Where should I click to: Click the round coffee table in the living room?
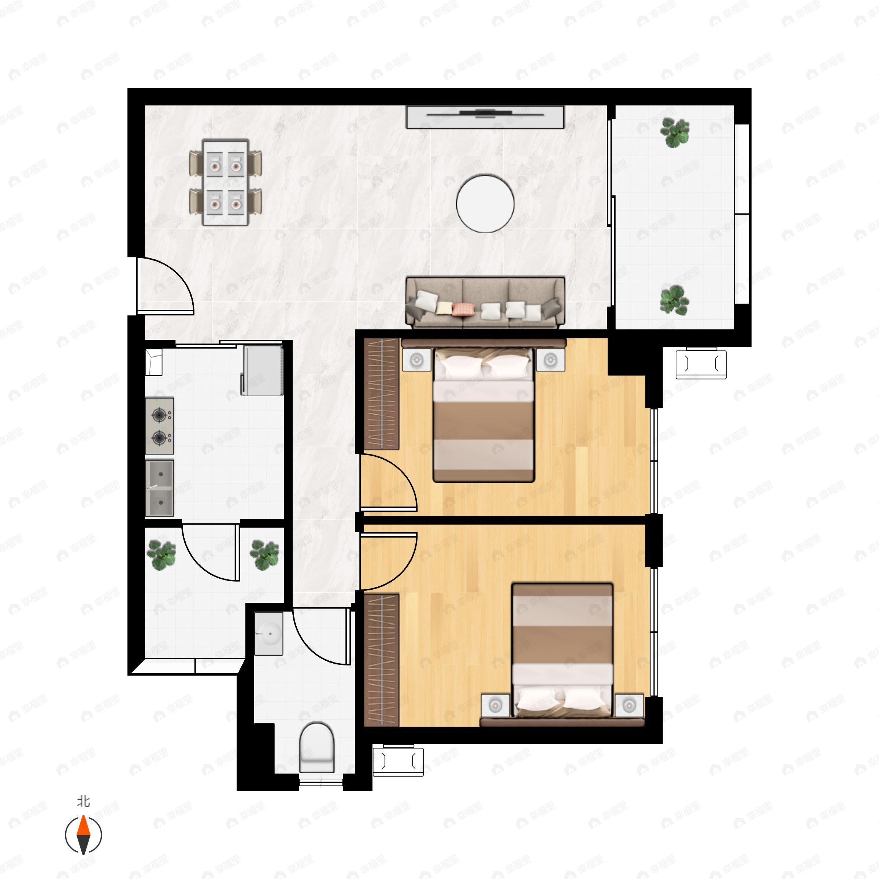coord(485,204)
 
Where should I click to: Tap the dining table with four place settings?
coord(226,182)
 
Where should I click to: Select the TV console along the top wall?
coord(485,117)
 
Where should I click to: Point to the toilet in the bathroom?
coord(317,747)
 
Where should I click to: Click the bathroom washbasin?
coord(268,633)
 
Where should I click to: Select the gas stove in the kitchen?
coord(159,426)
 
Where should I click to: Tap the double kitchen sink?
coord(159,488)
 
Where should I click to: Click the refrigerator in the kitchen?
coord(263,370)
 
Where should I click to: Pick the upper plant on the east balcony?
coord(675,132)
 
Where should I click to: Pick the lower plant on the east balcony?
coord(675,300)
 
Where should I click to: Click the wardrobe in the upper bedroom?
coord(382,394)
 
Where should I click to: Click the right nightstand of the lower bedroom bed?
coord(629,706)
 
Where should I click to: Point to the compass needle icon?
coord(83,835)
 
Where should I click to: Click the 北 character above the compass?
coord(83,801)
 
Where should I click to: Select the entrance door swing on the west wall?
coord(166,286)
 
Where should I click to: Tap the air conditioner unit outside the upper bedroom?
coord(701,364)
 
